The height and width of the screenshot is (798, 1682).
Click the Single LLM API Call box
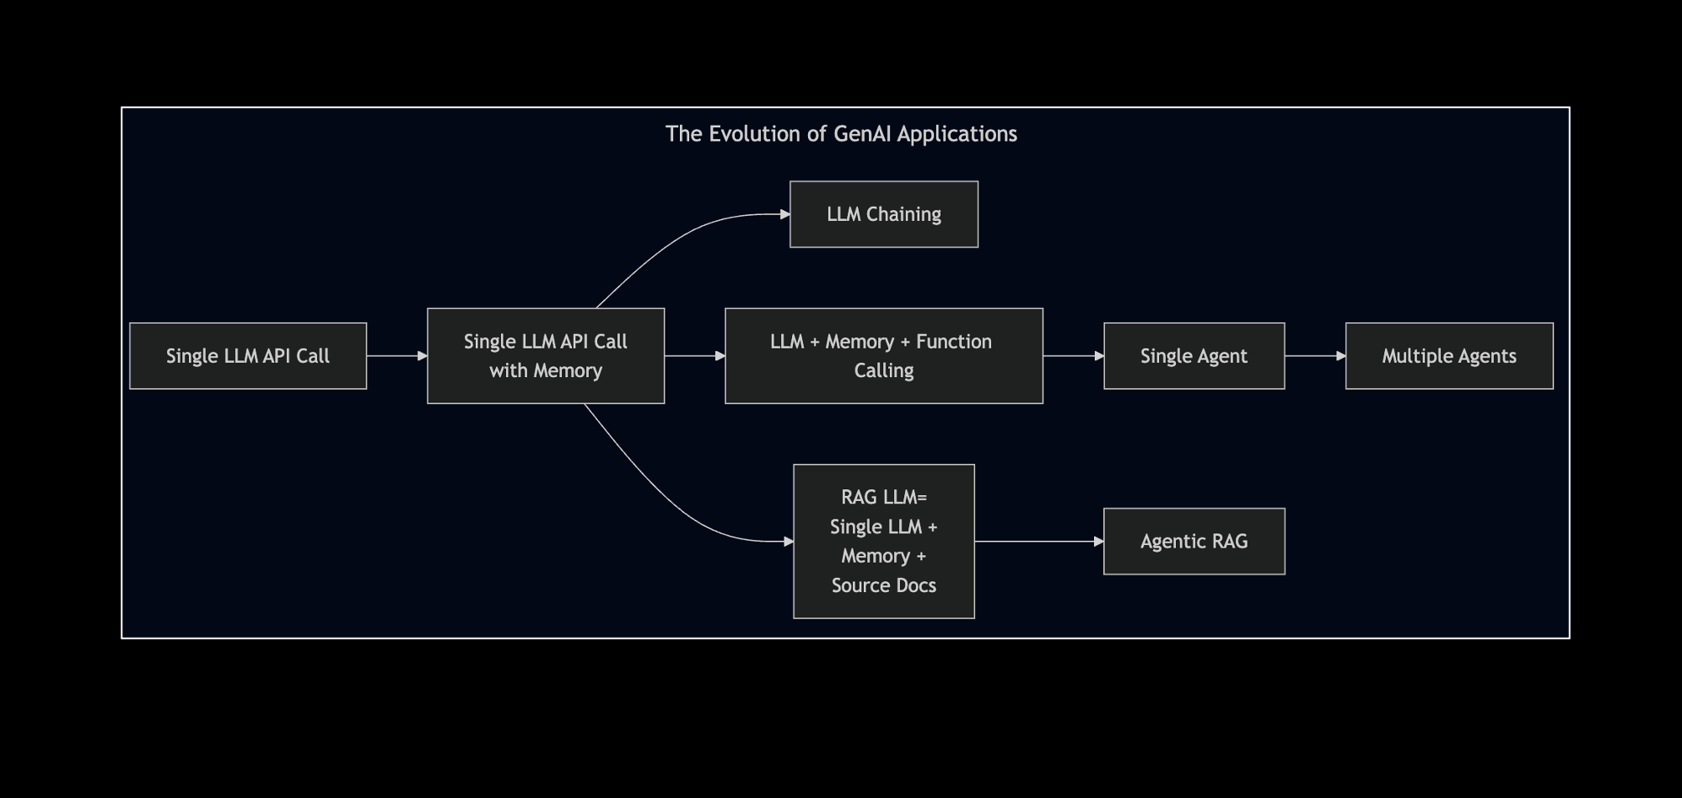pyautogui.click(x=248, y=356)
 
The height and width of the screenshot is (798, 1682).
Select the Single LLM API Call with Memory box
pyautogui.click(x=546, y=356)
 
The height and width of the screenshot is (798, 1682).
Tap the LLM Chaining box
pyautogui.click(x=884, y=214)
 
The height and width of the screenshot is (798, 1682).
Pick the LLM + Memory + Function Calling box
pyautogui.click(x=884, y=356)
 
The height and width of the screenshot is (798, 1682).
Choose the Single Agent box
pyautogui.click(x=1194, y=356)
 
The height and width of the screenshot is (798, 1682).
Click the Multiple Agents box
pyautogui.click(x=1449, y=356)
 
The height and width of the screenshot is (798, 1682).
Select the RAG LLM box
pyautogui.click(x=884, y=542)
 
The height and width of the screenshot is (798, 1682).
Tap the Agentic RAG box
pyautogui.click(x=1194, y=542)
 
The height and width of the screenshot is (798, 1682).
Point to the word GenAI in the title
pyautogui.click(x=862, y=134)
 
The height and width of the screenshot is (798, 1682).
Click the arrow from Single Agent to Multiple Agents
pyautogui.click(x=1315, y=356)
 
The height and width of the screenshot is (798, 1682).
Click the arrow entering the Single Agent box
pyautogui.click(x=1073, y=356)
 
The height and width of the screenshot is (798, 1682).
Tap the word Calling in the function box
pyautogui.click(x=884, y=371)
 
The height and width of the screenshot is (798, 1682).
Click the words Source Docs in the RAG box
pyautogui.click(x=884, y=585)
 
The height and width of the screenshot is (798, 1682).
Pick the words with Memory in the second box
pyautogui.click(x=546, y=371)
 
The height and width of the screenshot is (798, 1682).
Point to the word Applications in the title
pyautogui.click(x=957, y=134)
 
